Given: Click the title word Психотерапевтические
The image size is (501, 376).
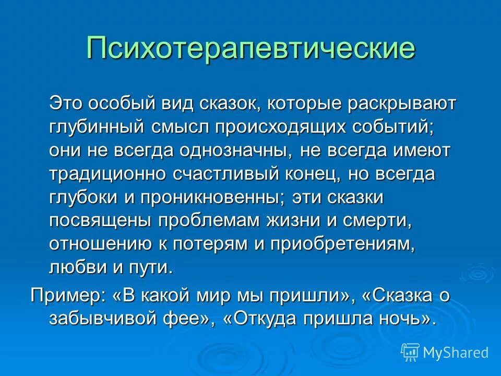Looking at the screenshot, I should click(251, 48).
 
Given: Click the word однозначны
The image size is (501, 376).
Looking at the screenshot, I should click(235, 151).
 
